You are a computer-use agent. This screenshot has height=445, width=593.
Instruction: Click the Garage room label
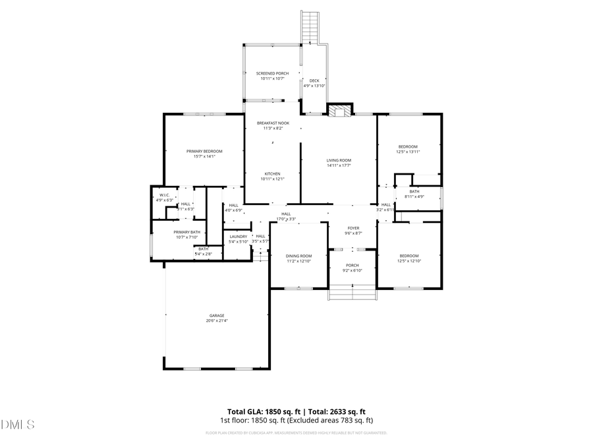pos(216,316)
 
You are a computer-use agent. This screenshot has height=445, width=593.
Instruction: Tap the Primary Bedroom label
pos(204,151)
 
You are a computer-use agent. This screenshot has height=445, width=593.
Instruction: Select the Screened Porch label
pos(272,73)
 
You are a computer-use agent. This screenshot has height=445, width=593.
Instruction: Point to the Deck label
pos(314,80)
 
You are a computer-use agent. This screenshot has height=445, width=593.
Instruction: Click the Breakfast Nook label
pos(273,123)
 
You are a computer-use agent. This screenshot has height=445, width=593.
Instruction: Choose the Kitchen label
pos(272,174)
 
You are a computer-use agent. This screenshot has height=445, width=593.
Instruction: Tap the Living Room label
pos(339,160)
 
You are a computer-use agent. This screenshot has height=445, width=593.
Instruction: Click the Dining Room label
pos(298,256)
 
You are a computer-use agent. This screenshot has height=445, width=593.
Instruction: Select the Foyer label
pos(354,228)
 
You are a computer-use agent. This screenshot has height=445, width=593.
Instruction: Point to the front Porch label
pos(354,266)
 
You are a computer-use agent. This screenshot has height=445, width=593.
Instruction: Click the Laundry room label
pos(238,236)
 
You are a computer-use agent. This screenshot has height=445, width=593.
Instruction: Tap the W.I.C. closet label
pos(164,195)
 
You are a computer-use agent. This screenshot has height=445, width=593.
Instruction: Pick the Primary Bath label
pos(187,232)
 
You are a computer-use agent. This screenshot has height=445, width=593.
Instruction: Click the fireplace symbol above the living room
pos(339,111)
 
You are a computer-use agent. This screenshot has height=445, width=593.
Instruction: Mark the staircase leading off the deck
pos(310,27)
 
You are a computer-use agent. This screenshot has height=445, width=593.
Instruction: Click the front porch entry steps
pos(353,293)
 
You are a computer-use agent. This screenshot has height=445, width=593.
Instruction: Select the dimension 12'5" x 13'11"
pos(408,152)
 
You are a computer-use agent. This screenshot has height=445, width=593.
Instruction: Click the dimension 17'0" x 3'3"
pos(286,219)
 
